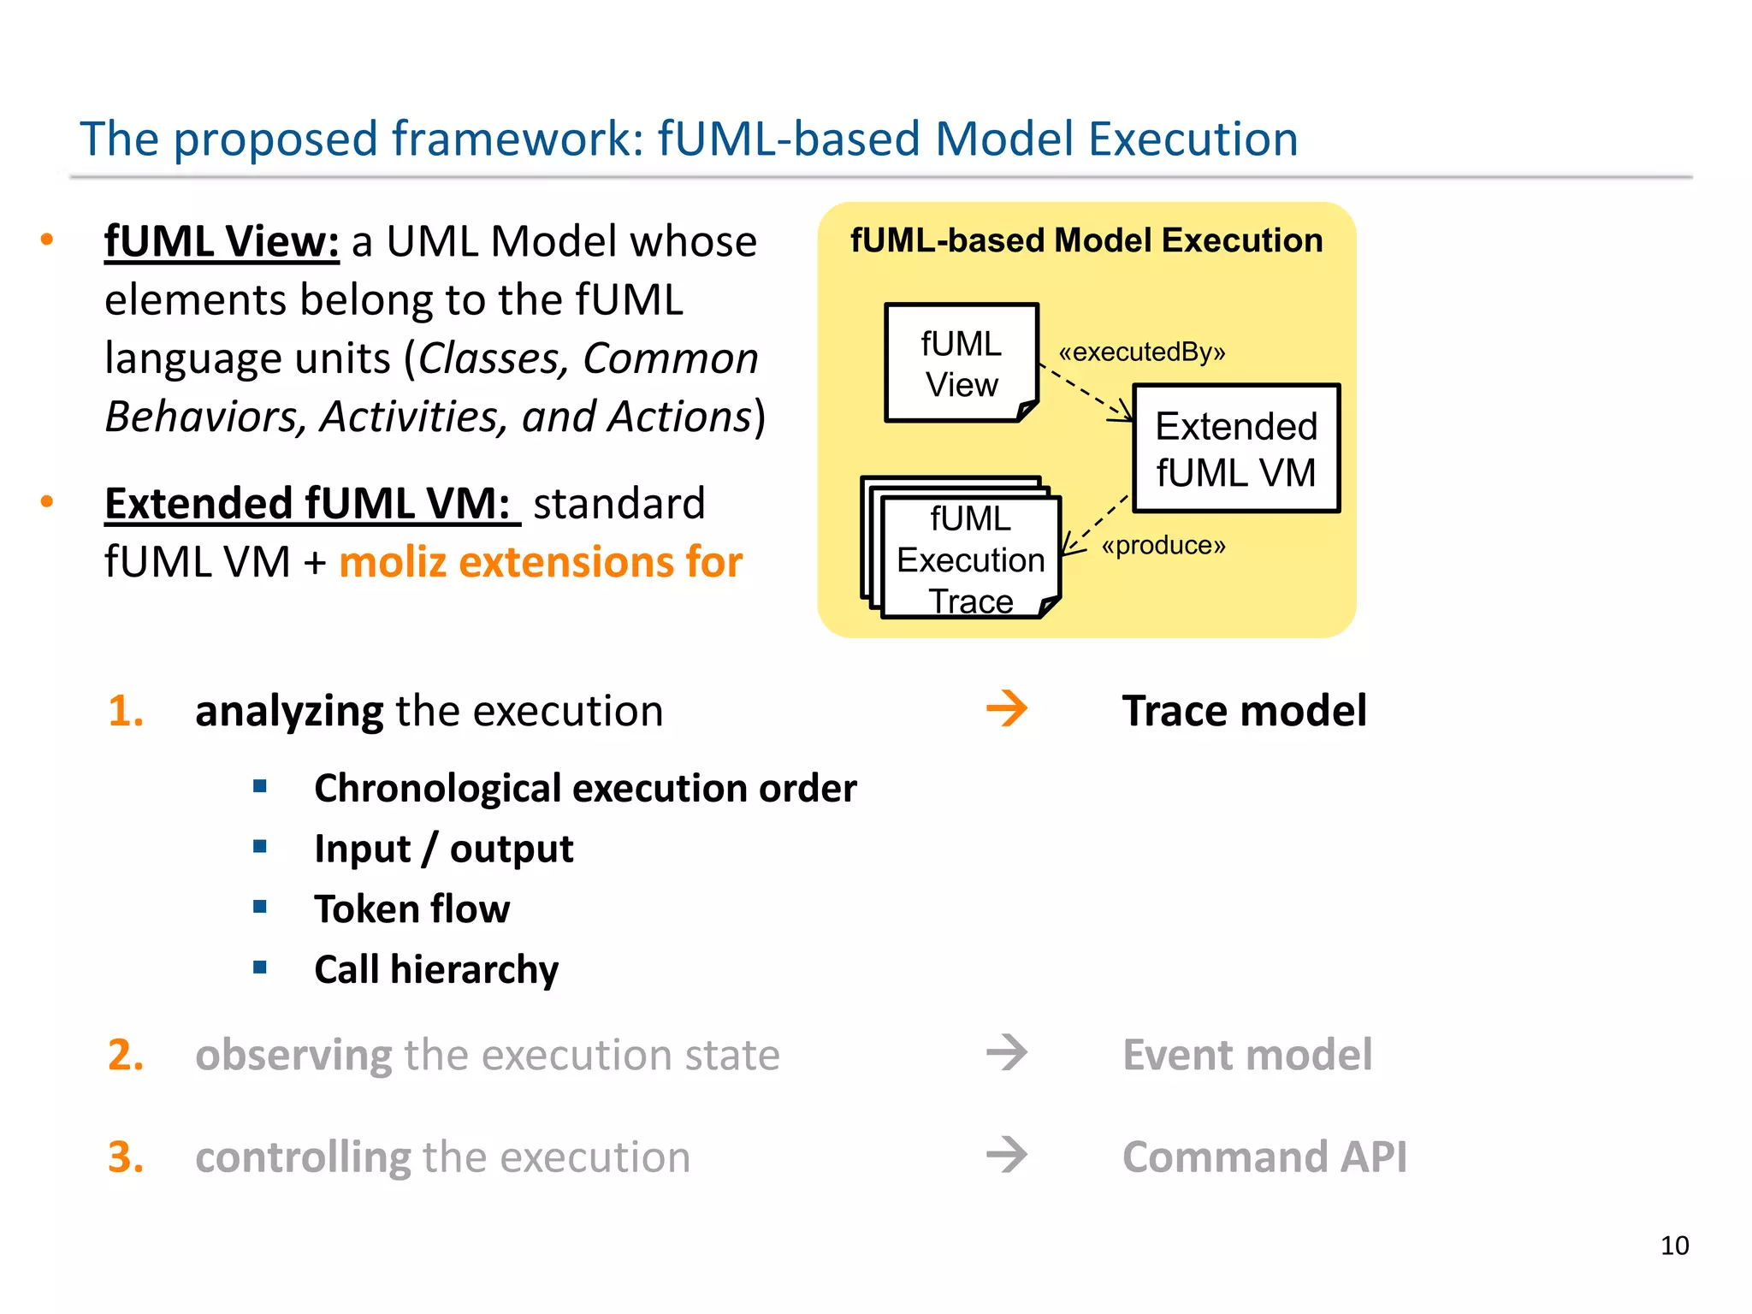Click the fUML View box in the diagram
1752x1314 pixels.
click(961, 364)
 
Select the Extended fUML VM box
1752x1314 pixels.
click(1236, 448)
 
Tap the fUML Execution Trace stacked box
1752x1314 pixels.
click(970, 558)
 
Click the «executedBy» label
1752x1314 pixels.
click(1142, 352)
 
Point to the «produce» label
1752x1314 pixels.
click(1163, 545)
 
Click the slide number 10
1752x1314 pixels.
click(1674, 1246)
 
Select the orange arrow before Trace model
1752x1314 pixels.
click(1007, 709)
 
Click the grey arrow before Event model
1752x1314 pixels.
click(1007, 1053)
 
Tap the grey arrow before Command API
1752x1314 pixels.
click(1007, 1156)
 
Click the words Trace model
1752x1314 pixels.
click(1244, 711)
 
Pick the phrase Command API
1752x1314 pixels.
click(1264, 1157)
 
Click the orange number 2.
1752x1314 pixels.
click(126, 1054)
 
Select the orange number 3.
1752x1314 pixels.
click(126, 1157)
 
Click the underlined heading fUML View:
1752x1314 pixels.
click(222, 241)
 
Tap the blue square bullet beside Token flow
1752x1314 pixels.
click(260, 907)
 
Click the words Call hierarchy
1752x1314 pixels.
click(436, 969)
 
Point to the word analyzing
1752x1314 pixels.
click(289, 711)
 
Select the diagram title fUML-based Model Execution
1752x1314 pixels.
click(1086, 240)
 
